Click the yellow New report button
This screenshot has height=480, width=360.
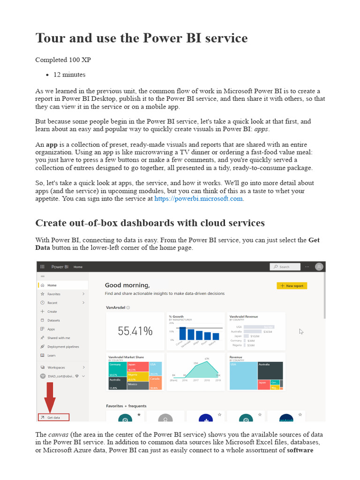(292, 285)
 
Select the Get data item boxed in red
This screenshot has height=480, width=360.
(53, 417)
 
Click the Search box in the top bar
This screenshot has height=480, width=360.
(285, 267)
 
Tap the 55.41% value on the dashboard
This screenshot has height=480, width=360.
(135, 331)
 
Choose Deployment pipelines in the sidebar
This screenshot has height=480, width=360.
(63, 346)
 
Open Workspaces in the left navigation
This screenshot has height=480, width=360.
(56, 367)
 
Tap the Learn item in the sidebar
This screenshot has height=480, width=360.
(51, 355)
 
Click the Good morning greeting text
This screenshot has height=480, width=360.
(127, 285)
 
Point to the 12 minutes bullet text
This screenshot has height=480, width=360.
(69, 75)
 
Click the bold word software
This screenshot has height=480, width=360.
(300, 450)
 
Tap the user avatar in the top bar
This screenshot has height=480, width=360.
(319, 266)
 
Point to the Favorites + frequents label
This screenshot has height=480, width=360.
(126, 406)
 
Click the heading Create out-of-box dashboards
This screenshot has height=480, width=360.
(150, 223)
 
